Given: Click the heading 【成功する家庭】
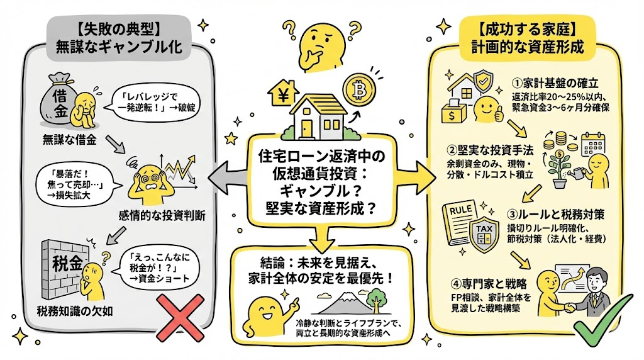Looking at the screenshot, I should tap(528, 29).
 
